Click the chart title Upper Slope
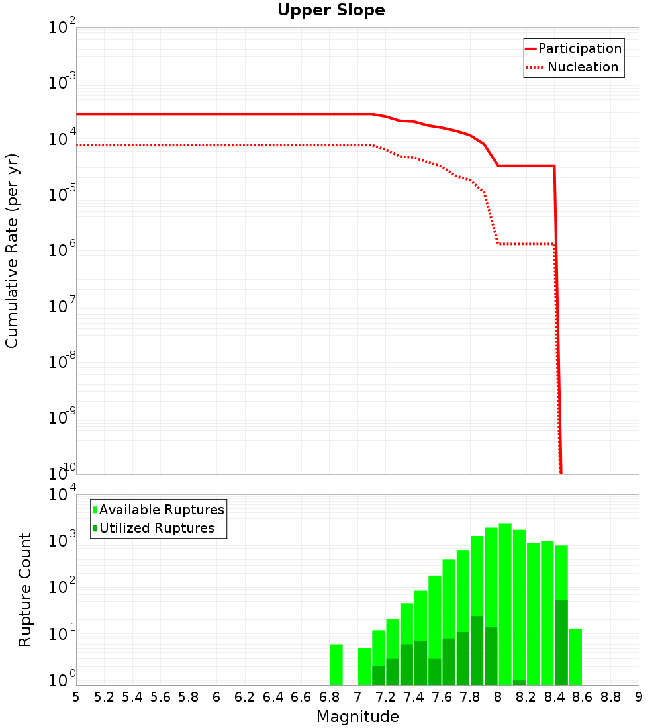pos(331,10)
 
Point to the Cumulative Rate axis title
pos(12,251)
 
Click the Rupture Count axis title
pos(25,590)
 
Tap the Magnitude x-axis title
pos(357,717)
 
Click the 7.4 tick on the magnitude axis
pos(414,697)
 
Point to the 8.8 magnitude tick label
pos(610,697)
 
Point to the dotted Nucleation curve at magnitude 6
pos(216,145)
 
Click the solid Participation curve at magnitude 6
pos(216,114)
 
